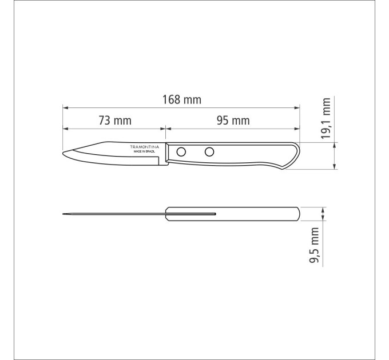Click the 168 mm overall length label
point(181,99)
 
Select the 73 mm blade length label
point(115,121)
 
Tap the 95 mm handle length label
point(233,121)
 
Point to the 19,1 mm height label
point(326,118)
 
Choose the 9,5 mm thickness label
point(314,245)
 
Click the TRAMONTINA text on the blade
point(145,147)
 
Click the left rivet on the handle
point(181,151)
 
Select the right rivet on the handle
point(209,151)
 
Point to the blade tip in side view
point(63,153)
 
